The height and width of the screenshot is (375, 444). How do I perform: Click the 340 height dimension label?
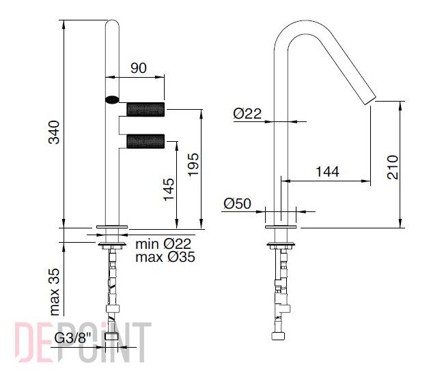54,132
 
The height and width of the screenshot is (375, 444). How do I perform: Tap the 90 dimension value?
139,67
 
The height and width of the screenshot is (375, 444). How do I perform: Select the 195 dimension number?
194,165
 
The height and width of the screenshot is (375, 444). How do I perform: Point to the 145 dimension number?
169,190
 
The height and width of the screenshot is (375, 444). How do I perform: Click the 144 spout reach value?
327,172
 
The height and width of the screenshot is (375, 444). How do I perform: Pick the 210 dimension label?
393,167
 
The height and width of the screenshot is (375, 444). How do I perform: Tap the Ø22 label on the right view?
247,114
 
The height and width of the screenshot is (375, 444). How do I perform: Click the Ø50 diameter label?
237,203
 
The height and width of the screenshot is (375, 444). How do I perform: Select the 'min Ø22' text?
163,244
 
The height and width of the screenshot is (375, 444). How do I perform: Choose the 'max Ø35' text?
165,257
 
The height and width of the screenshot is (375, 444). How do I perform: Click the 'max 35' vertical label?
55,292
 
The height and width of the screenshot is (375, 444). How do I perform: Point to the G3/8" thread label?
73,337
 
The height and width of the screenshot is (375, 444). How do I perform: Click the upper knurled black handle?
145,109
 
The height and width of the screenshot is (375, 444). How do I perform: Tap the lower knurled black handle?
145,141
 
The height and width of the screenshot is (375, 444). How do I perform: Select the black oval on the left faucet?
112,100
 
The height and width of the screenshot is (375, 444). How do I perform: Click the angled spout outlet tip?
370,101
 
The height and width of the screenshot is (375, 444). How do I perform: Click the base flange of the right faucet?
281,226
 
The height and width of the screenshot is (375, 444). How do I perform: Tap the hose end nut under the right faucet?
278,336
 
